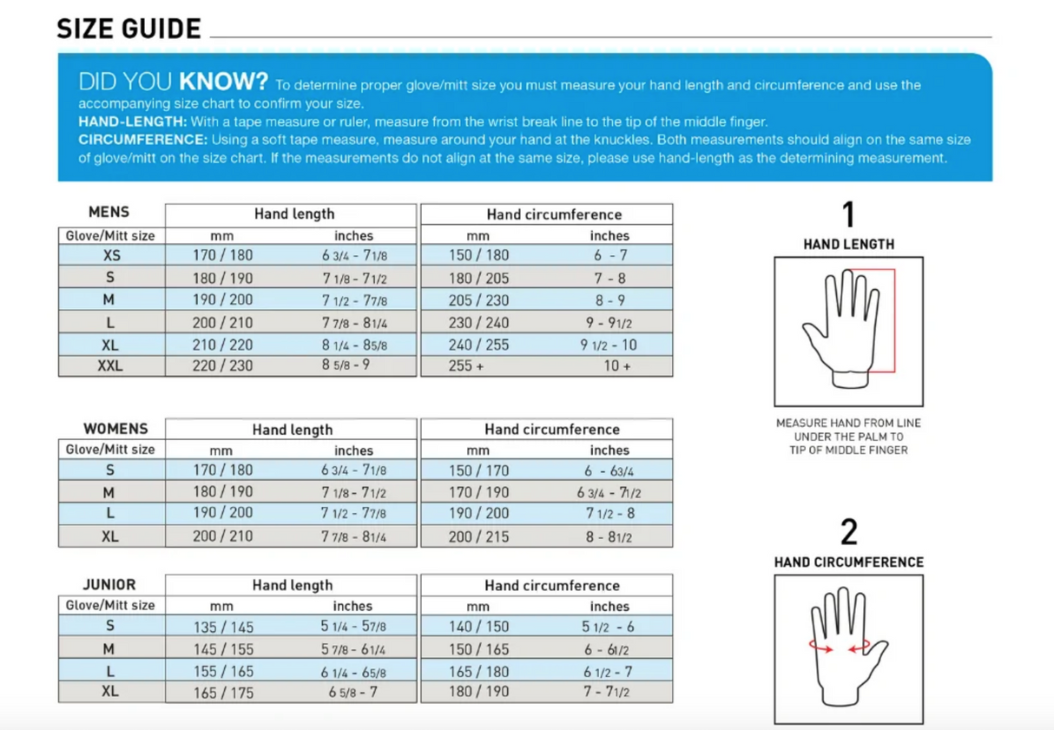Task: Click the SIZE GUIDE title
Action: pyautogui.click(x=128, y=29)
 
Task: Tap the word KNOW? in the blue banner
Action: pyautogui.click(x=223, y=82)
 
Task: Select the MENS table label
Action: pyautogui.click(x=109, y=212)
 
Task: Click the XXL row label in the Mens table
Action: pyautogui.click(x=109, y=366)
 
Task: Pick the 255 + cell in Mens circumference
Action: pyautogui.click(x=466, y=366)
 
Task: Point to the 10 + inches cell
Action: pyautogui.click(x=616, y=366)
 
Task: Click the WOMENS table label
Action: pyautogui.click(x=115, y=429)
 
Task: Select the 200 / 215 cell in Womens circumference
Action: pyautogui.click(x=478, y=537)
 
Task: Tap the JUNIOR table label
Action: pyautogui.click(x=109, y=585)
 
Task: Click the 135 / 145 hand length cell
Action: pyautogui.click(x=223, y=627)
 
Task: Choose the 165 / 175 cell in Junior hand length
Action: pyautogui.click(x=223, y=693)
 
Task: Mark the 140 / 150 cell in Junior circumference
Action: pyautogui.click(x=478, y=627)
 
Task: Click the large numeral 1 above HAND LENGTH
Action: pyautogui.click(x=848, y=214)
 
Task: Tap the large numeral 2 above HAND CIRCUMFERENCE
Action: pyautogui.click(x=848, y=532)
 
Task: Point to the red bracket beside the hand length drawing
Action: pyautogui.click(x=893, y=321)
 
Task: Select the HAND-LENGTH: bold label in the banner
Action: pyautogui.click(x=132, y=122)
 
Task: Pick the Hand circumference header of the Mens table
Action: pyautogui.click(x=553, y=214)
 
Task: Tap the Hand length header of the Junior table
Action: pyautogui.click(x=293, y=586)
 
